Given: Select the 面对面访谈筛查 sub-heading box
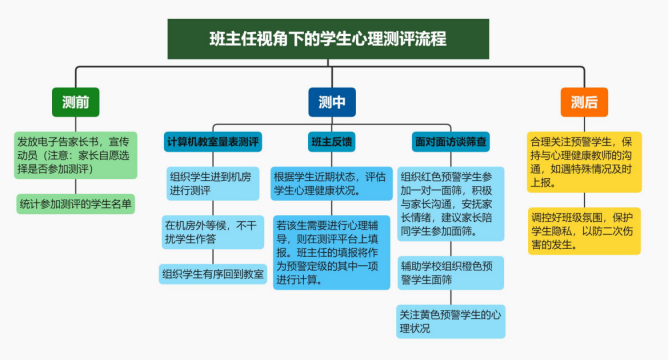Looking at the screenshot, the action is pyautogui.click(x=450, y=142).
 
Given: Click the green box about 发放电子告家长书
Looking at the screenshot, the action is pyautogui.click(x=75, y=155).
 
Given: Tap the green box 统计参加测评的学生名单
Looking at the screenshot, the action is pyautogui.click(x=75, y=203).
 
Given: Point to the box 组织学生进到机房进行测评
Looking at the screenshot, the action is pyautogui.click(x=213, y=182).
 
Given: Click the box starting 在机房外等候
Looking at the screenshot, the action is pyautogui.click(x=213, y=232).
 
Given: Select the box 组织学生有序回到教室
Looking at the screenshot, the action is pyautogui.click(x=213, y=272).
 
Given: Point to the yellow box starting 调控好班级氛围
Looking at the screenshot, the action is pyautogui.click(x=584, y=230).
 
